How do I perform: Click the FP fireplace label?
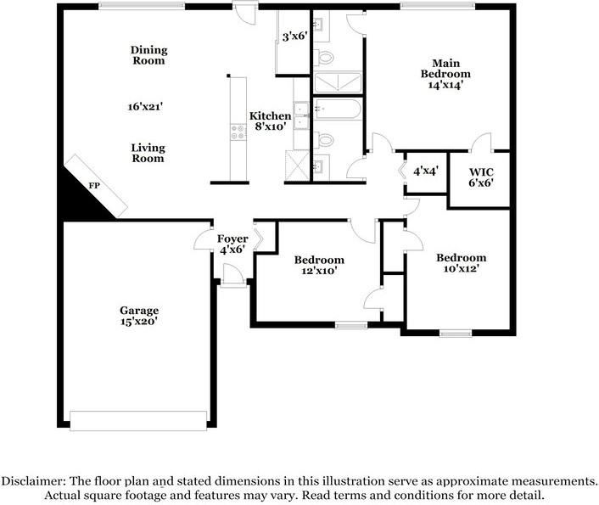(94, 186)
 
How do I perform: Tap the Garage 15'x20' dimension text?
(139, 322)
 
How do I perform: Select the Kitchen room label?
(271, 115)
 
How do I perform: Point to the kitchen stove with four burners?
(238, 132)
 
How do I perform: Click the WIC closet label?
(481, 172)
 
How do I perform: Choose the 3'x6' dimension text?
(295, 36)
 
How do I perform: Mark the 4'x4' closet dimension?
(426, 171)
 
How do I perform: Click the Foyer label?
(232, 239)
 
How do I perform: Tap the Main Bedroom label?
(445, 69)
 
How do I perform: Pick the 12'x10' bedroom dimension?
(319, 271)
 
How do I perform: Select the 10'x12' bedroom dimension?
(462, 269)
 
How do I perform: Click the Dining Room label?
(149, 55)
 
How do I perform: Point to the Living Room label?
(148, 153)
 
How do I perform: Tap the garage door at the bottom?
(138, 421)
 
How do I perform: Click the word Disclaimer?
(33, 481)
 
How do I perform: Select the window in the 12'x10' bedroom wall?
(351, 326)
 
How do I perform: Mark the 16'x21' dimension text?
(146, 107)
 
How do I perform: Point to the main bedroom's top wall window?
(438, 6)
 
